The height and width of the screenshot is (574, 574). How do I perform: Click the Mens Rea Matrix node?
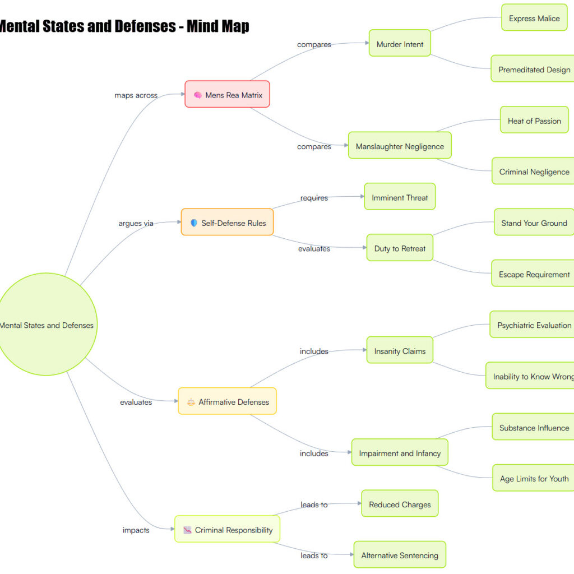click(228, 94)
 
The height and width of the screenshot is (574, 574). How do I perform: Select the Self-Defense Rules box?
click(228, 222)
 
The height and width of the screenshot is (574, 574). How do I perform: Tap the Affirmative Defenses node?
click(228, 401)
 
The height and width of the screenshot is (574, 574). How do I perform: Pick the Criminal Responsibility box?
click(228, 529)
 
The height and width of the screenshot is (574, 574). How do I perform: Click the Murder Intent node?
click(400, 43)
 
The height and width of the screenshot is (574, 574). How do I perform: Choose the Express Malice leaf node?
click(534, 17)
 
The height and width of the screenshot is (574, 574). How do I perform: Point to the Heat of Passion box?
click(534, 120)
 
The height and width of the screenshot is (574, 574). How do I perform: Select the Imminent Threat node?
click(400, 196)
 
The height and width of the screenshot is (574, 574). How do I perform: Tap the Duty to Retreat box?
click(400, 247)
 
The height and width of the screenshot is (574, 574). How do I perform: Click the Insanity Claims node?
click(400, 350)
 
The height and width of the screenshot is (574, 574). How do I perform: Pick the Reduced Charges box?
click(400, 503)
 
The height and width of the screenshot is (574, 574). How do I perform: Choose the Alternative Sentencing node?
click(400, 554)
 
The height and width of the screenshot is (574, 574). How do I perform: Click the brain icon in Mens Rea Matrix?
click(198, 95)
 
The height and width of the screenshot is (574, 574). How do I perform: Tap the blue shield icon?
click(194, 223)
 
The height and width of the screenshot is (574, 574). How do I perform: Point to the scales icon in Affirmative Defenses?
click(191, 402)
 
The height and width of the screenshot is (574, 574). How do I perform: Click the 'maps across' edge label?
click(136, 95)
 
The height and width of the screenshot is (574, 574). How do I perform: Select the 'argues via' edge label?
click(136, 223)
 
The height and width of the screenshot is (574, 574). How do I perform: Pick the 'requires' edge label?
click(314, 198)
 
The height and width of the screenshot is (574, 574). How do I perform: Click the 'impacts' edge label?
click(136, 530)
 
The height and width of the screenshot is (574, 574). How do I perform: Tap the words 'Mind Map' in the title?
click(218, 26)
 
